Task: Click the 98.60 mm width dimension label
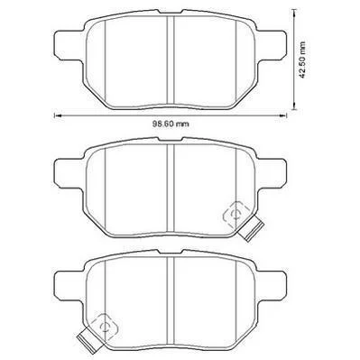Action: (x=171, y=124)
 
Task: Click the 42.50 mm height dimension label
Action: (x=302, y=60)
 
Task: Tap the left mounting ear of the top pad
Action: (x=68, y=44)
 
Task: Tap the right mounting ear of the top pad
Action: (x=272, y=44)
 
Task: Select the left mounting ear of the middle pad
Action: (x=68, y=172)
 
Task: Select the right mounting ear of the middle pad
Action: (x=272, y=172)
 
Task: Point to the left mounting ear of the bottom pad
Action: (x=68, y=284)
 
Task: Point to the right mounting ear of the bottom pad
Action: (x=272, y=284)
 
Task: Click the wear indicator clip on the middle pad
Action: (x=251, y=228)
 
